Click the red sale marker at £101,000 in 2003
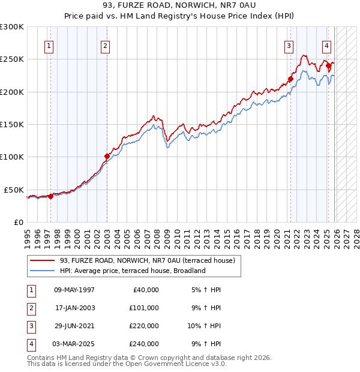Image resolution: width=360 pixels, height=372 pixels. tap(107, 157)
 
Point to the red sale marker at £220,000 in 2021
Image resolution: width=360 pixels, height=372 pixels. tap(290, 79)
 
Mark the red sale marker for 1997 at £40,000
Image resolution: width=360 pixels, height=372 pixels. tap(50, 196)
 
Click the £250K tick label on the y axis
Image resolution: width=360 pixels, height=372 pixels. tap(12, 59)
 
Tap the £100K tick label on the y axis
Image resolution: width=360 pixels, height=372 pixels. tap(12, 157)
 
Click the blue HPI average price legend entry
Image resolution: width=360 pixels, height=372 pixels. tap(133, 271)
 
